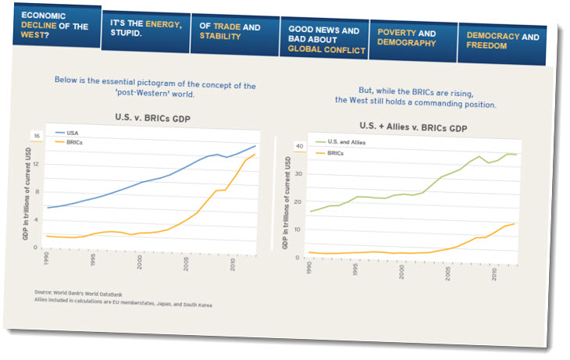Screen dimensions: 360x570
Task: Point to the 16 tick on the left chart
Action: click(x=35, y=135)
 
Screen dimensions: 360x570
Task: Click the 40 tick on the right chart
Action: click(x=297, y=146)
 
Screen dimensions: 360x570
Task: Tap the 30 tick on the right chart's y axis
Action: click(x=297, y=175)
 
